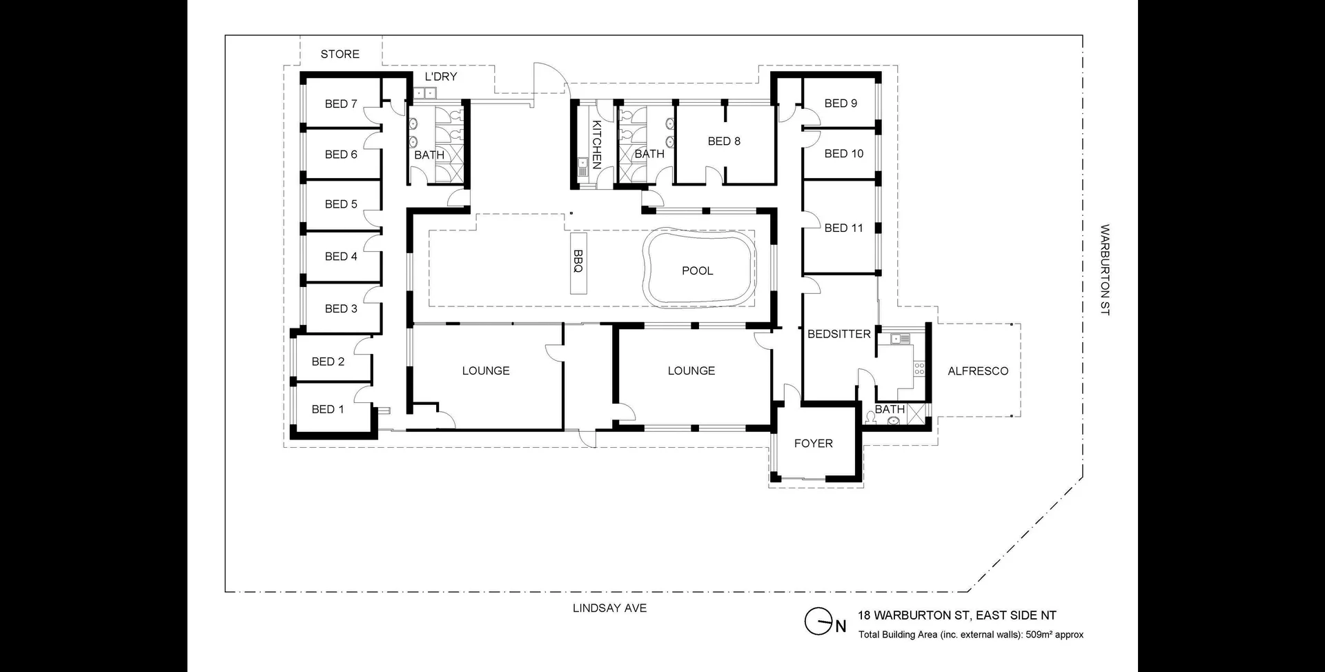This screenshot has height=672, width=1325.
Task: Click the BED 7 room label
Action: point(341,103)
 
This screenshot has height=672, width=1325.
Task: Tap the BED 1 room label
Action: point(328,409)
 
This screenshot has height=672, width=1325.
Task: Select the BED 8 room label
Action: point(724,141)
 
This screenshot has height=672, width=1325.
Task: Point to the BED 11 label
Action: point(844,228)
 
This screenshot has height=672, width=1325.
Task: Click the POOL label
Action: point(698,270)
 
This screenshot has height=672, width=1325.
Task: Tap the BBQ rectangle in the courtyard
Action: point(578,264)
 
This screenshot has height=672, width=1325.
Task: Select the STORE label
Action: point(340,54)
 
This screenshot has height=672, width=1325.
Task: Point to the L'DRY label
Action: point(441,77)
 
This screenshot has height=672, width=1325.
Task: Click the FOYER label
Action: point(814,443)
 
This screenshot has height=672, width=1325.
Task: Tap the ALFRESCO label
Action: point(978,370)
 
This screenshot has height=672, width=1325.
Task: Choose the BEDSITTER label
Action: point(839,334)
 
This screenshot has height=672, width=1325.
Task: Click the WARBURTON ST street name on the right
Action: point(1104,270)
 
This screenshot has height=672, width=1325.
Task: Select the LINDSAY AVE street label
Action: point(610,608)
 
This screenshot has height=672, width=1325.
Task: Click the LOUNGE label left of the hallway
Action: point(486,370)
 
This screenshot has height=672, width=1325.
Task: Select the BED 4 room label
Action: point(341,256)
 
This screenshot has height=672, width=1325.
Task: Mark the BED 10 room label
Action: point(844,153)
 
